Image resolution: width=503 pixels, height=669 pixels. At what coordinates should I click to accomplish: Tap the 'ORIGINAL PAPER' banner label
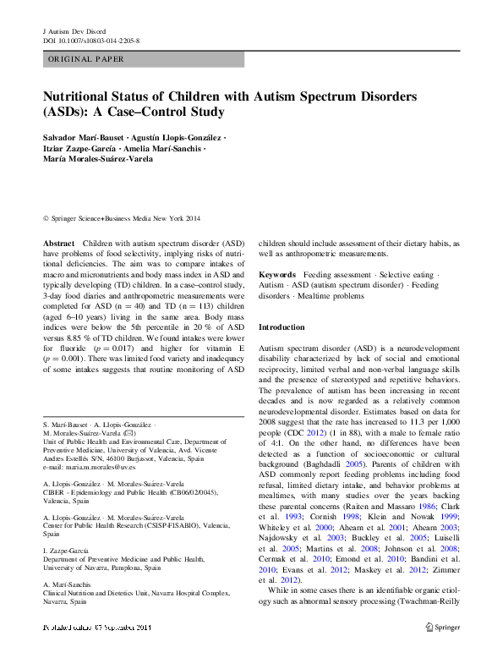(x=85, y=59)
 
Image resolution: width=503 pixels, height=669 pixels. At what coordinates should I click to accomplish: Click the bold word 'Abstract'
(x=58, y=243)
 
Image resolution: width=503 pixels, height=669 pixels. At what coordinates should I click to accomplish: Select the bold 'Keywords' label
(x=277, y=275)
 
